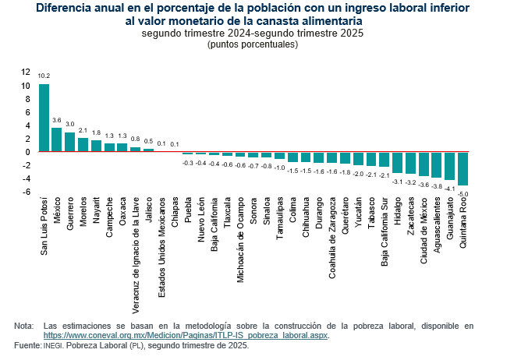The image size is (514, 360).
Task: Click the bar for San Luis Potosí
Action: click(x=44, y=118)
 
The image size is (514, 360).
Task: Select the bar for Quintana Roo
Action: click(x=463, y=168)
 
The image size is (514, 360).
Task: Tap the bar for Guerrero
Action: click(x=70, y=142)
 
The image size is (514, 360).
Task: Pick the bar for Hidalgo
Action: click(x=397, y=163)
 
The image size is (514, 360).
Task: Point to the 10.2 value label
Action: click(x=44, y=76)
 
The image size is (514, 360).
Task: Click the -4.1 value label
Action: click(x=450, y=189)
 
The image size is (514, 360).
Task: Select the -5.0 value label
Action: click(x=463, y=194)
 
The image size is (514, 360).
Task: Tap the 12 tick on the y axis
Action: click(x=26, y=72)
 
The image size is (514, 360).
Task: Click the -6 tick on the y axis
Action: click(x=27, y=192)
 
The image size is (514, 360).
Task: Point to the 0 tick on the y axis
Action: click(x=28, y=152)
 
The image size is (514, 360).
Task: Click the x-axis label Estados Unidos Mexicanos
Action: click(x=161, y=247)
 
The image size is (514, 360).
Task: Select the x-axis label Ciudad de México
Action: click(x=424, y=231)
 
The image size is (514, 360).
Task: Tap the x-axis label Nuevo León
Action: click(x=201, y=220)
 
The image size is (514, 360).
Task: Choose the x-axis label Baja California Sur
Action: click(x=385, y=231)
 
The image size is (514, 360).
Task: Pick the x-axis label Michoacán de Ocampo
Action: click(x=240, y=240)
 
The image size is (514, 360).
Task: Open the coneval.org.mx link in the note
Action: click(x=186, y=335)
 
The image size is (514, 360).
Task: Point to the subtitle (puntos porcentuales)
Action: click(x=253, y=44)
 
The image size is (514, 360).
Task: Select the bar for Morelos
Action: click(x=83, y=145)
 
